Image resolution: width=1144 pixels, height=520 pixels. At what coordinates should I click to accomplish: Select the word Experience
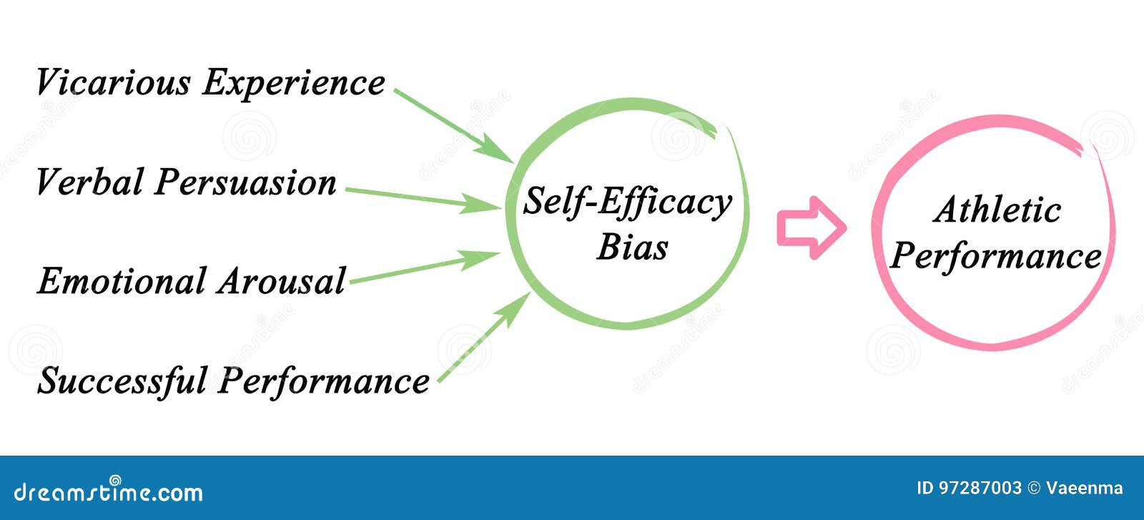[293, 83]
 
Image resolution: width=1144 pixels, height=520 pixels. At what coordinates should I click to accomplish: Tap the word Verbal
[90, 182]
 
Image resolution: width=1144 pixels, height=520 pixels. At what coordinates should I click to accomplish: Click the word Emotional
[121, 280]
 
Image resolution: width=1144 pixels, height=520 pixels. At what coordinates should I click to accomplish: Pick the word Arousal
[282, 280]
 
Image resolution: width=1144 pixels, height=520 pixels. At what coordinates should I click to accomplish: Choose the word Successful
[122, 381]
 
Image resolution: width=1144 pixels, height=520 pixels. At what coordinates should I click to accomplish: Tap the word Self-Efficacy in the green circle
[627, 202]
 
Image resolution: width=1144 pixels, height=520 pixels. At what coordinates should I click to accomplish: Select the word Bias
[632, 247]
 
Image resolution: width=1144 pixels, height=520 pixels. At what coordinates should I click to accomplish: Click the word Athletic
[997, 210]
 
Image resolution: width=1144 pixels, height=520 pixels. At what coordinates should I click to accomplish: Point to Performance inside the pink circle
[995, 256]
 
